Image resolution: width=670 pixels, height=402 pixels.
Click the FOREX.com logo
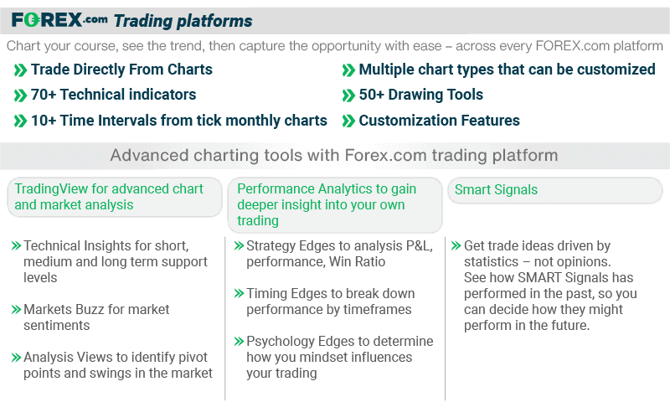pyautogui.click(x=59, y=20)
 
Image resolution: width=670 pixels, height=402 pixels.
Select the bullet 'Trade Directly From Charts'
pyautogui.click(x=121, y=70)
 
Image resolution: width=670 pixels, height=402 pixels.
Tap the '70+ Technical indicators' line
pyautogui.click(x=113, y=95)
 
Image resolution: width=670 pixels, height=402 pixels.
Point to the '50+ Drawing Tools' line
pyautogui.click(x=420, y=95)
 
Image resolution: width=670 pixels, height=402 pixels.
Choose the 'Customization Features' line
pyautogui.click(x=439, y=121)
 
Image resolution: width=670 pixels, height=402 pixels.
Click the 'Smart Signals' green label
pyautogui.click(x=496, y=190)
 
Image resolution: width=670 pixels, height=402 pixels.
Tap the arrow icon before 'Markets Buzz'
pyautogui.click(x=16, y=310)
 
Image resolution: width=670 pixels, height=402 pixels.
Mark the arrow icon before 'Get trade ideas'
pyautogui.click(x=456, y=246)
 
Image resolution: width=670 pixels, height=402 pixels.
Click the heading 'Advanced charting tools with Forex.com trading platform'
pyautogui.click(x=334, y=155)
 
